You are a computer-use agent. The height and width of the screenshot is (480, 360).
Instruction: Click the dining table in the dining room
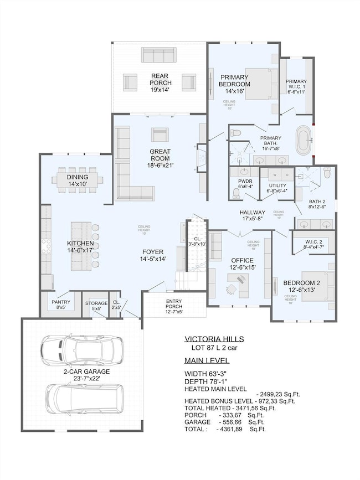click(x=77, y=179)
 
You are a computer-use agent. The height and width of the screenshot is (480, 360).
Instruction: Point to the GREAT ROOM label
click(x=160, y=158)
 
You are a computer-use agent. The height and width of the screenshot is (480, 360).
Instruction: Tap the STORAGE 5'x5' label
click(x=96, y=306)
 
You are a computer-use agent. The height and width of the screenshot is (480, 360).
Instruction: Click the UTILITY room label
click(x=277, y=188)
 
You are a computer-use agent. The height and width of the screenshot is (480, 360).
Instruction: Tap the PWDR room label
click(x=245, y=184)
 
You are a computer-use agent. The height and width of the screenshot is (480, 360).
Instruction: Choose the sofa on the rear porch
click(x=160, y=55)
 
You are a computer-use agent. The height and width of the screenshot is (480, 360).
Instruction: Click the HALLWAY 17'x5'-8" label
click(x=252, y=215)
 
